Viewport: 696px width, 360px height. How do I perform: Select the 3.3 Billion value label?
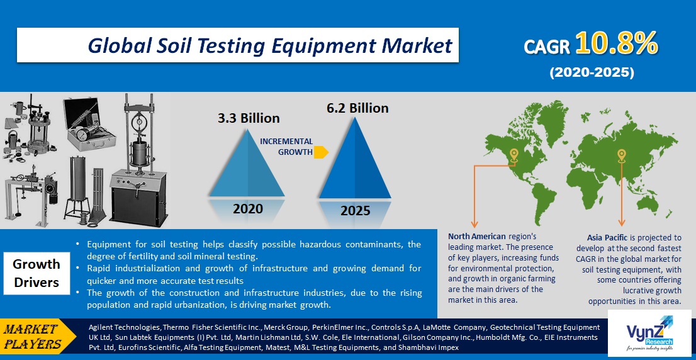(249, 118)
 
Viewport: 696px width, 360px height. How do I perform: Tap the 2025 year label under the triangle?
(355, 210)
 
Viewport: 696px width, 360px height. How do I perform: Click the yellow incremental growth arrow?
(321, 152)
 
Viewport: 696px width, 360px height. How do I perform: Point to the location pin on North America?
(514, 155)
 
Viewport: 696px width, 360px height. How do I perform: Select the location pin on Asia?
(622, 155)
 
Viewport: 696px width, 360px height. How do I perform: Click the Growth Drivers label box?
(36, 273)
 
